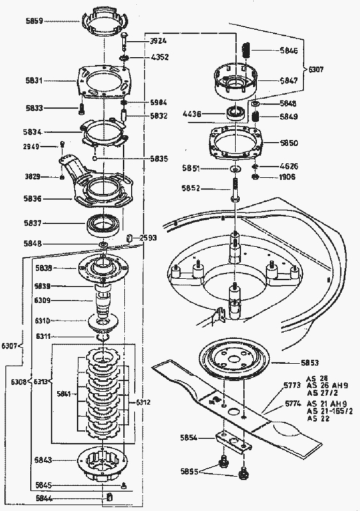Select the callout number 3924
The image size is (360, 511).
coord(158,40)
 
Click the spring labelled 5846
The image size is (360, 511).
coord(245,49)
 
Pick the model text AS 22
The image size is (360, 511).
coord(316,419)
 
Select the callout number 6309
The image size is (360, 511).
coord(52,300)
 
